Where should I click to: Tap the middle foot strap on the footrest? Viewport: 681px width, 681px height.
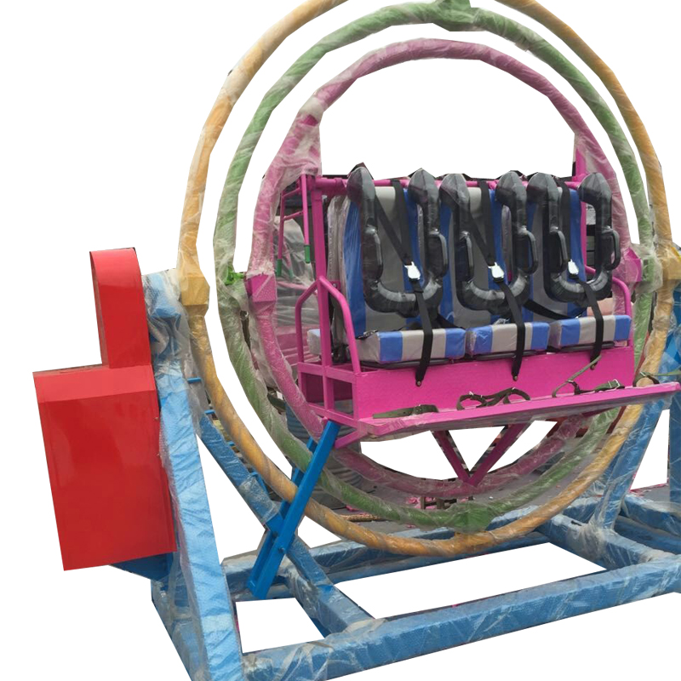tap(481, 398)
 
